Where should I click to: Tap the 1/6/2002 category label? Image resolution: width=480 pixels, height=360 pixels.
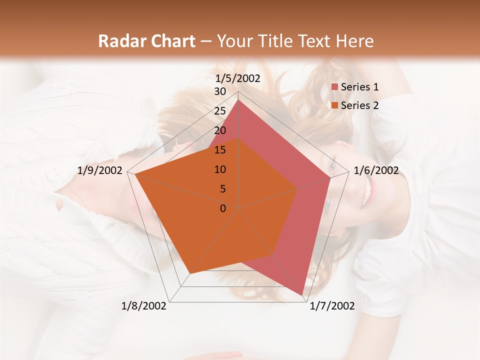[376, 170]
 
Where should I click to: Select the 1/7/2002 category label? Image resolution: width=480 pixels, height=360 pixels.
[332, 306]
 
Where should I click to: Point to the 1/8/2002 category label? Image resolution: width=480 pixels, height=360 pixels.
[144, 306]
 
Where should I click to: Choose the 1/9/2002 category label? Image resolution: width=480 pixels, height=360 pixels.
[100, 170]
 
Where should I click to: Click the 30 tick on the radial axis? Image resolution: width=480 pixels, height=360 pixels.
[219, 91]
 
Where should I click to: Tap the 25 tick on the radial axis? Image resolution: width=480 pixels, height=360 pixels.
[219, 111]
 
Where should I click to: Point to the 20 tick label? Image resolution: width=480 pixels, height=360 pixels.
[219, 130]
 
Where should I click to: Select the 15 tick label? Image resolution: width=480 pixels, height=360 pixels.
[219, 150]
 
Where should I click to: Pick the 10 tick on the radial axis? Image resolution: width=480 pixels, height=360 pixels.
[219, 169]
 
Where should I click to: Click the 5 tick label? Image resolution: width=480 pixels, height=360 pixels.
[222, 189]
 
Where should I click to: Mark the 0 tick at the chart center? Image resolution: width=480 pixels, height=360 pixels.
[222, 208]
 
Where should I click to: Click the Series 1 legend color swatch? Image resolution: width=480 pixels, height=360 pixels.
[334, 87]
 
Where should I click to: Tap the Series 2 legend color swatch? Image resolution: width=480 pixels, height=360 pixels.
[334, 105]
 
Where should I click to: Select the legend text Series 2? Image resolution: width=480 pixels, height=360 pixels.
[359, 105]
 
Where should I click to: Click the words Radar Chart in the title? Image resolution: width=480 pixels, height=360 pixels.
[146, 41]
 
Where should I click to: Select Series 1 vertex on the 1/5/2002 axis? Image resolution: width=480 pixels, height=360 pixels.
[238, 99]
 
